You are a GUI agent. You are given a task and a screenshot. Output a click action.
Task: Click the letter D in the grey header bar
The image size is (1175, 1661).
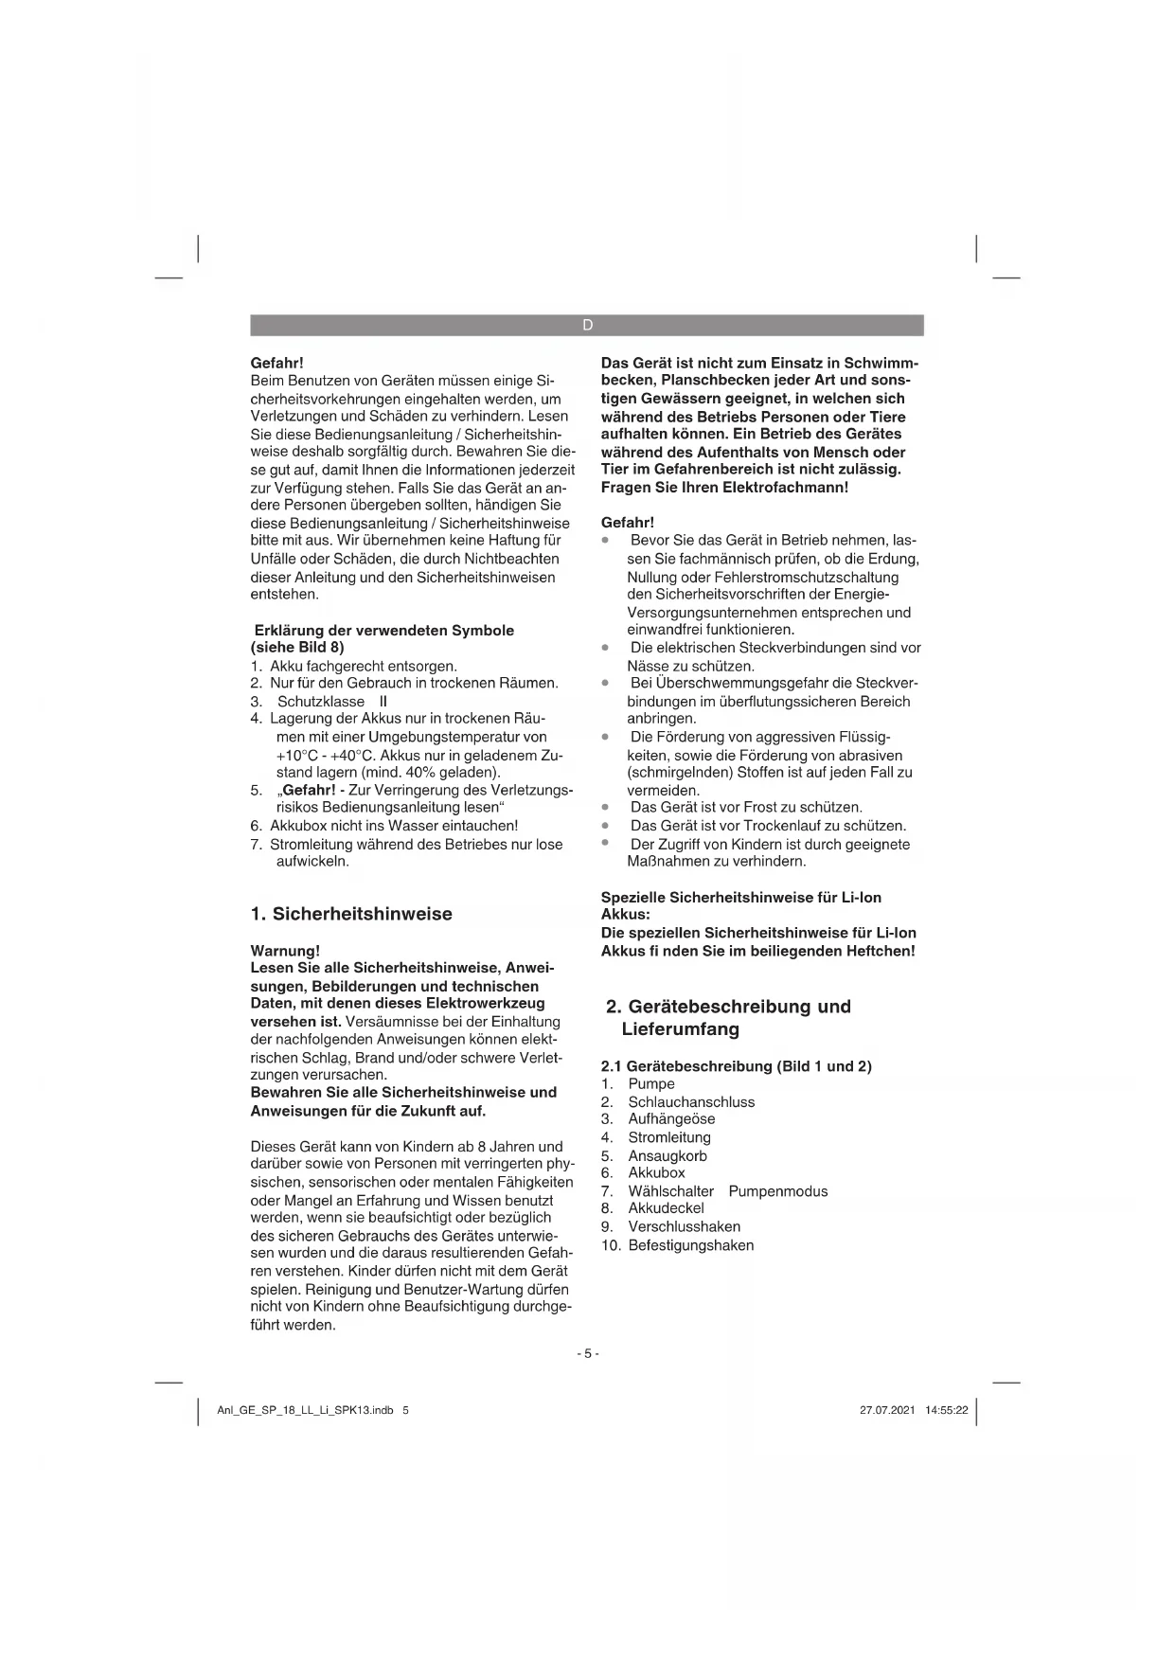coord(587,325)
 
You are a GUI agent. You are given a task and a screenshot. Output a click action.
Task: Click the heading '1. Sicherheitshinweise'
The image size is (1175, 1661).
coord(351,914)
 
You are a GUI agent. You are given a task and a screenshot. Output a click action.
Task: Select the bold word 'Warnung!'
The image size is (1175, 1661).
coord(285,951)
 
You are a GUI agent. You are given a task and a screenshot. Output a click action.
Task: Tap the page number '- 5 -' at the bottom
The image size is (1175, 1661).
coord(588,1353)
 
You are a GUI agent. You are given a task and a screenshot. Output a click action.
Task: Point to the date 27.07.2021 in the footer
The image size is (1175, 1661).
coord(887,1410)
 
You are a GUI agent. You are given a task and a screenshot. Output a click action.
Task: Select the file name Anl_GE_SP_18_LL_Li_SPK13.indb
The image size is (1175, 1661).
coord(305,1410)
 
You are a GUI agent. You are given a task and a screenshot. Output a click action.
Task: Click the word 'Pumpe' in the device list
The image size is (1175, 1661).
coord(651,1084)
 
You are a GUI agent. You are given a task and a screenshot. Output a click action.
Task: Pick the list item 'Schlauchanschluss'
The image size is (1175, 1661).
coord(691,1102)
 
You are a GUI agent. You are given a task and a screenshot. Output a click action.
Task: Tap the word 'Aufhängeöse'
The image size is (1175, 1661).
coord(671,1119)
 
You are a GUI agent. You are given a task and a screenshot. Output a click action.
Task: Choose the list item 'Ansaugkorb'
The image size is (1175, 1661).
coord(668,1156)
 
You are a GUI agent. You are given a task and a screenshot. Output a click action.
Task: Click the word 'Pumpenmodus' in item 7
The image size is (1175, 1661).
coord(777,1191)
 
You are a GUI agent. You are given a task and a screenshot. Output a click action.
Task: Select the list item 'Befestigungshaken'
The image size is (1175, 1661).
coord(691,1245)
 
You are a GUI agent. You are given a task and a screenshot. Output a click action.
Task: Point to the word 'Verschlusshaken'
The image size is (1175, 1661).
coord(684,1227)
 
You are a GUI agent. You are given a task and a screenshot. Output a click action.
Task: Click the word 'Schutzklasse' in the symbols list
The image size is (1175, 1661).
coord(321,702)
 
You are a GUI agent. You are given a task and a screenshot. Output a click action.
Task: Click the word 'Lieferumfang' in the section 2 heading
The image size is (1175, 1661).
coord(680,1029)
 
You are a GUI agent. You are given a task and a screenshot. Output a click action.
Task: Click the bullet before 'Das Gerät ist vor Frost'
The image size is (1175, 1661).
coord(605,808)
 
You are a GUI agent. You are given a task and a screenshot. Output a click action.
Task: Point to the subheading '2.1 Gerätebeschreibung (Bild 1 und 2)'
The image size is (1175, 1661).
coord(736,1066)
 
